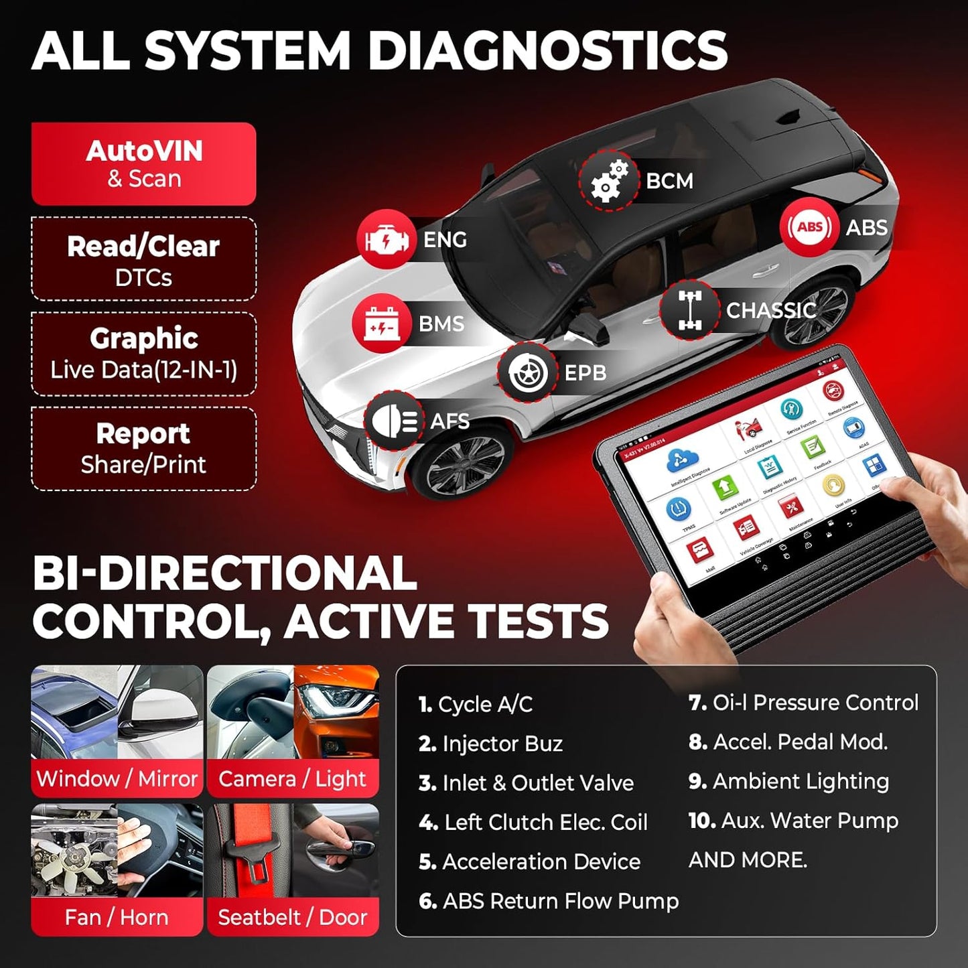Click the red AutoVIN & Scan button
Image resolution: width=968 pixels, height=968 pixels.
click(x=143, y=164)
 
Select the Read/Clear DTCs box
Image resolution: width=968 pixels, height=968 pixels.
click(x=143, y=259)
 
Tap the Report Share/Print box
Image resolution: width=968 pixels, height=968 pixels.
click(x=143, y=449)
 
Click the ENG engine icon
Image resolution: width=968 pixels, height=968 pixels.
click(x=386, y=240)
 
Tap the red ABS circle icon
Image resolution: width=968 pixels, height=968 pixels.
click(x=809, y=227)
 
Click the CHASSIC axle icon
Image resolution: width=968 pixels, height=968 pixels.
click(x=689, y=310)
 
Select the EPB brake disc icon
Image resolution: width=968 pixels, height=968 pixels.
click(x=527, y=372)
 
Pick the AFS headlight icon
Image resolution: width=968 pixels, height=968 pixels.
click(x=394, y=421)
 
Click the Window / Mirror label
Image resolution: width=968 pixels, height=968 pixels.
click(x=117, y=778)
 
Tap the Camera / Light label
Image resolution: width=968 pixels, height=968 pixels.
click(x=293, y=778)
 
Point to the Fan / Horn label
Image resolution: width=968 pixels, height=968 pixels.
click(x=117, y=916)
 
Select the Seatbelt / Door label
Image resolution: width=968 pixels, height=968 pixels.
click(x=293, y=916)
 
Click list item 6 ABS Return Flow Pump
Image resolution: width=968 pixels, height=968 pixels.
click(x=549, y=901)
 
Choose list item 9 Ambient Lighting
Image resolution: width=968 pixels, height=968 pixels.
click(x=789, y=781)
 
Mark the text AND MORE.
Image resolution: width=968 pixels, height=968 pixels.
click(x=748, y=860)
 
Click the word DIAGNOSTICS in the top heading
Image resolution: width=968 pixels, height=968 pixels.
click(x=548, y=51)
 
